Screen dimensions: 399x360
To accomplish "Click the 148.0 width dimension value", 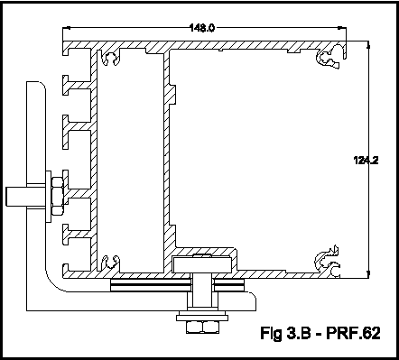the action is [x=202, y=28].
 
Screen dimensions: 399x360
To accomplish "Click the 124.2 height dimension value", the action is [x=366, y=161].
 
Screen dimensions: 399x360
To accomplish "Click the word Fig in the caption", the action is [x=271, y=334].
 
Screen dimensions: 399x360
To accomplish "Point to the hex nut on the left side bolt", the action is [x=57, y=196].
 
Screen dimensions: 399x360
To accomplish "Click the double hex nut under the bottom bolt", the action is [x=202, y=327].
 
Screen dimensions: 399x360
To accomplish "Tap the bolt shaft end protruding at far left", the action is [x=16, y=197].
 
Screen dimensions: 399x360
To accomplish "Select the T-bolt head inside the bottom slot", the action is [x=202, y=264].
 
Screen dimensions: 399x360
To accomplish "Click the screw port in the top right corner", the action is [x=330, y=56].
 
